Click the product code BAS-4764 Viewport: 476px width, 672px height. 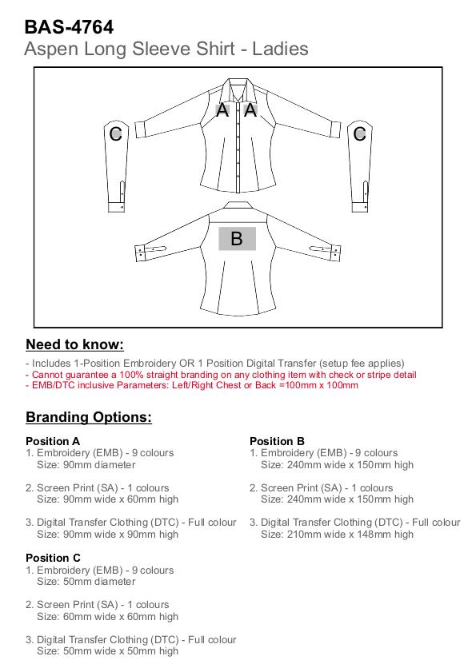tap(69, 27)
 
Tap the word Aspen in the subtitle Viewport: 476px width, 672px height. tap(51, 50)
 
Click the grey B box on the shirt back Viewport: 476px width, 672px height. tap(238, 239)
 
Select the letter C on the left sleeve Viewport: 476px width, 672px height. tap(116, 133)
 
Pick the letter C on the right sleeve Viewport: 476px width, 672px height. tap(360, 133)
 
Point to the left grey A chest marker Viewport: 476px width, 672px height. tap(222, 110)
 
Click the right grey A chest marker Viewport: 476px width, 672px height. tap(250, 110)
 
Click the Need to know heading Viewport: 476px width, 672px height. tap(74, 344)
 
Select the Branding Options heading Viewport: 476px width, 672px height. tap(89, 417)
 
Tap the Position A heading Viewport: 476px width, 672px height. tap(53, 441)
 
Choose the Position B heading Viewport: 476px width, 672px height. tap(277, 441)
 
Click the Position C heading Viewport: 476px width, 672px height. tap(54, 558)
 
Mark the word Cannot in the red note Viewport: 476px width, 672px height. tap(48, 375)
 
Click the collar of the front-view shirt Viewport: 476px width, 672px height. tap(237, 85)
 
